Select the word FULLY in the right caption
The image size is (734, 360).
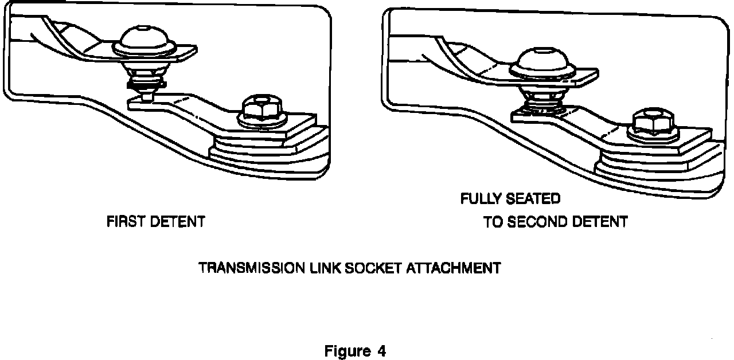tap(481, 199)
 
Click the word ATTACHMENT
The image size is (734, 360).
tap(454, 268)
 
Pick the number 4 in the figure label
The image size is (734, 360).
tap(381, 351)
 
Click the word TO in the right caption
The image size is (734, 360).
tap(493, 221)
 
